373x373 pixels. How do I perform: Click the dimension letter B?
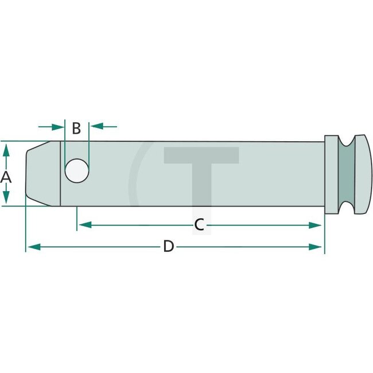point(76,129)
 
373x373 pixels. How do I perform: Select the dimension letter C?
point(199,225)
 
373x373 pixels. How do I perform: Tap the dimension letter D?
point(168,247)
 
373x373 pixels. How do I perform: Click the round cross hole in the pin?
point(77,171)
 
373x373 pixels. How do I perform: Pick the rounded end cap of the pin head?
point(364,174)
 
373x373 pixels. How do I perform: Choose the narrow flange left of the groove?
point(331,174)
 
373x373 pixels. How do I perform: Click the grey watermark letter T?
point(201,172)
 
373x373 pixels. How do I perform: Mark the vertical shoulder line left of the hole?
point(60,173)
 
